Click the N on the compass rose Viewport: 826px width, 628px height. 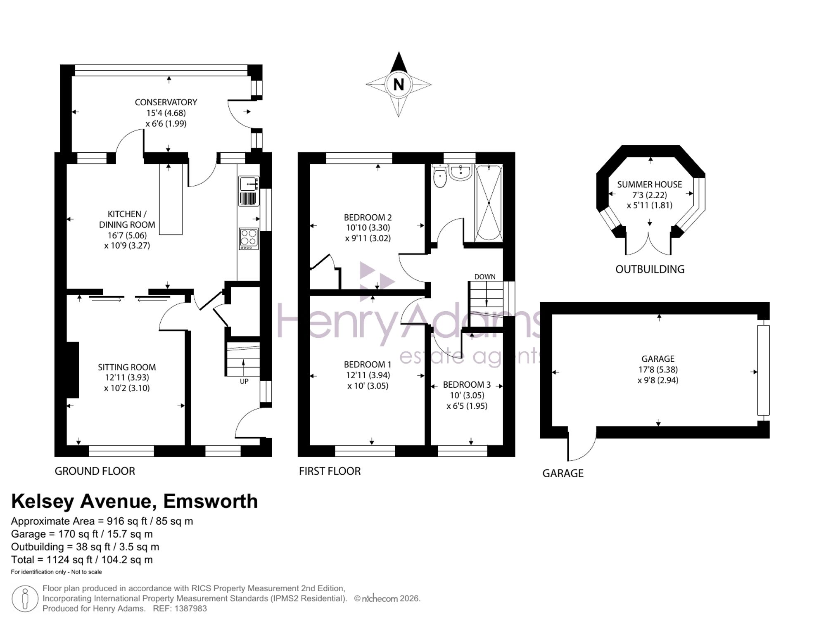pyautogui.click(x=399, y=85)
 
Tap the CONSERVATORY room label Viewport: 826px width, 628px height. pyautogui.click(x=166, y=102)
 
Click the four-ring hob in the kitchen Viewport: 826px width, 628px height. pyautogui.click(x=249, y=239)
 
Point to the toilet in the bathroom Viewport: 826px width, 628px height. pyautogui.click(x=440, y=176)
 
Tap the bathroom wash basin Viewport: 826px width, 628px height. pyautogui.click(x=460, y=173)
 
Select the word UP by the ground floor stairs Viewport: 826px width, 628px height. pyautogui.click(x=244, y=382)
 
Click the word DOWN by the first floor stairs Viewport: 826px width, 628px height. pyautogui.click(x=485, y=277)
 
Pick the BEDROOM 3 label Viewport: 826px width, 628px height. pyautogui.click(x=467, y=385)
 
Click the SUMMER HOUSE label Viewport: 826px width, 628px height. pyautogui.click(x=650, y=185)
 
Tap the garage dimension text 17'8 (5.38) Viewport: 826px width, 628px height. pyautogui.click(x=658, y=370)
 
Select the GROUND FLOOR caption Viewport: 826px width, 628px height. pyautogui.click(x=95, y=471)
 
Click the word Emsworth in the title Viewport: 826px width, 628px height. pyautogui.click(x=211, y=501)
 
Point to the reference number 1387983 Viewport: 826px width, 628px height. pyautogui.click(x=190, y=608)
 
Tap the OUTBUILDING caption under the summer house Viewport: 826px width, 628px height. pyautogui.click(x=650, y=269)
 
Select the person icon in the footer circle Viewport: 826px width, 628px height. pyautogui.click(x=25, y=599)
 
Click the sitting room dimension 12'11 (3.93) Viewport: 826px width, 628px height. pyautogui.click(x=127, y=377)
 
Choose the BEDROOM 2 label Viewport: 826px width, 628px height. pyautogui.click(x=368, y=217)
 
